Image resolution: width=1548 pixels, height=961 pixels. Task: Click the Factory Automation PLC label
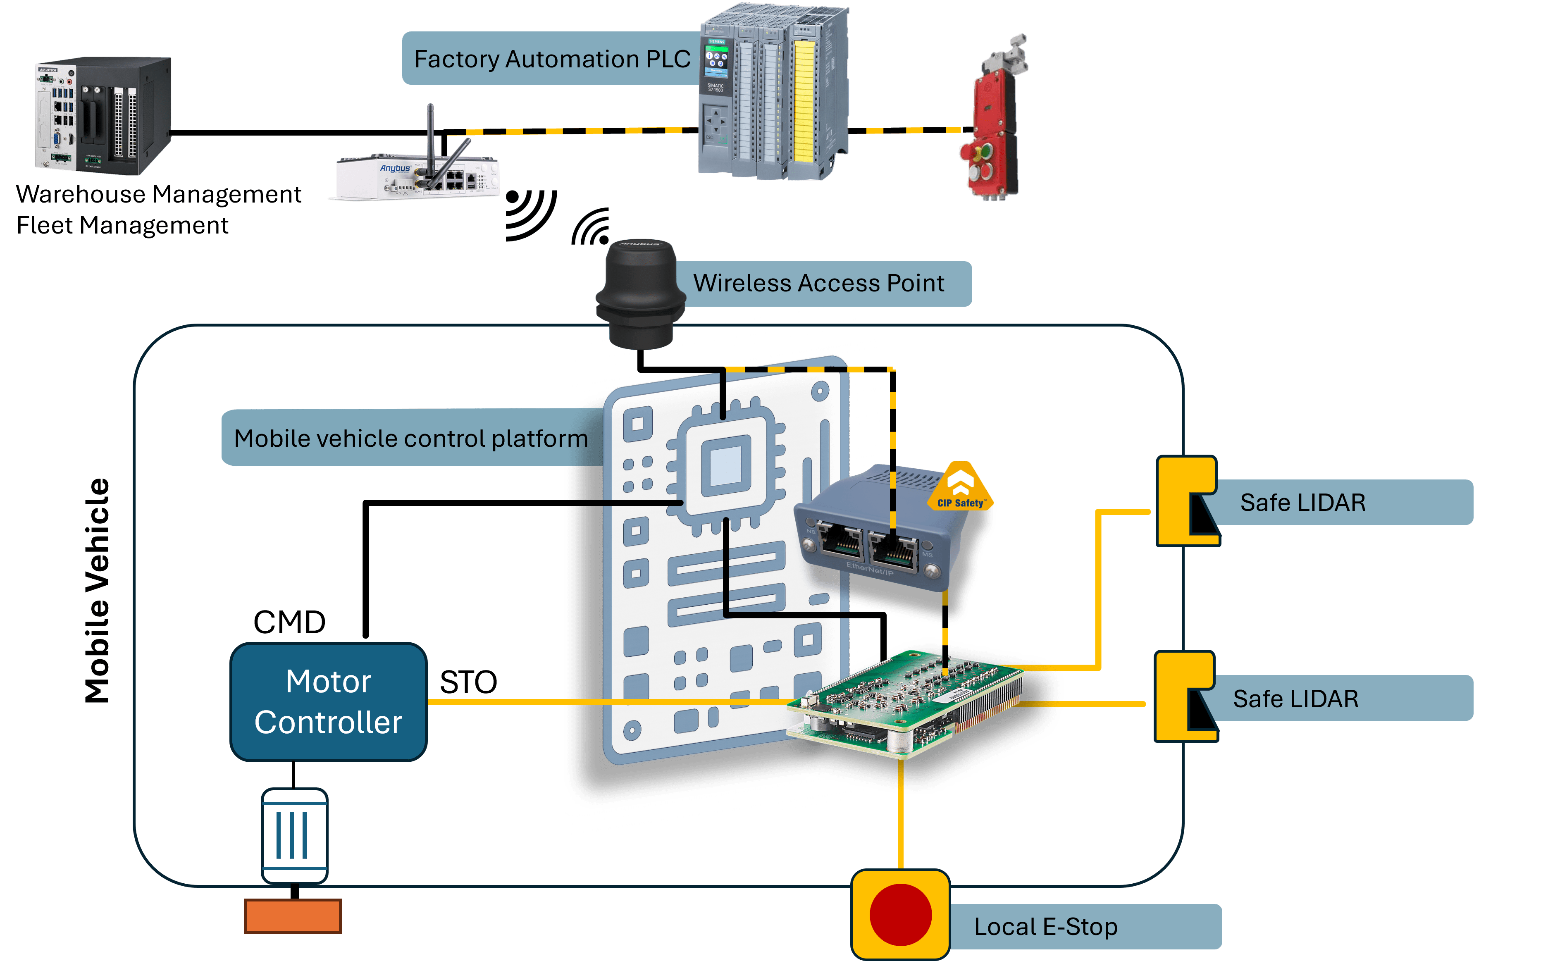551,59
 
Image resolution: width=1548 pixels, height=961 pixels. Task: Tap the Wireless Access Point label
818,284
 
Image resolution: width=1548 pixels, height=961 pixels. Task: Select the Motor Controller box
328,702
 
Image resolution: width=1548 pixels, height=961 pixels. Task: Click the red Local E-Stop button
900,915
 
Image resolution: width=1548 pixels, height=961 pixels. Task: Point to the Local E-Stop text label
1045,927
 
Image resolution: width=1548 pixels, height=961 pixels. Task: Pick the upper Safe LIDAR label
1303,503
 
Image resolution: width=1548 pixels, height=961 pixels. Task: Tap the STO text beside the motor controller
468,682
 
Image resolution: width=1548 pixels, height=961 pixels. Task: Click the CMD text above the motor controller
289,622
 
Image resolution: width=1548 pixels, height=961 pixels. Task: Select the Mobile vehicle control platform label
410,439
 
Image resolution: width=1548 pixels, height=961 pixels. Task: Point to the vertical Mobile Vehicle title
97,591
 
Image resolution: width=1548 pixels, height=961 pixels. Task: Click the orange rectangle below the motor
293,916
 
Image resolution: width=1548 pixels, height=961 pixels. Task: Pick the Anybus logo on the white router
395,168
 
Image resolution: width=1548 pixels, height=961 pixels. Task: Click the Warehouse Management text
159,195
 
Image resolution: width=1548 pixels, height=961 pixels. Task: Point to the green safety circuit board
906,702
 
